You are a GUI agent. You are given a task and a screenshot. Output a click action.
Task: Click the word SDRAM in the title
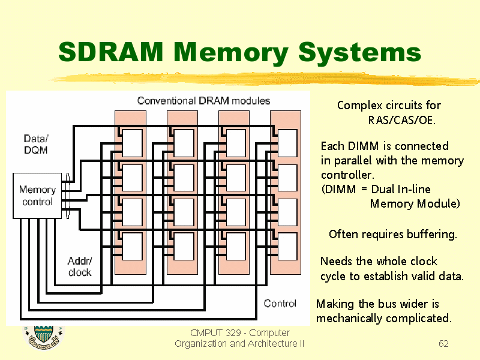[110, 52]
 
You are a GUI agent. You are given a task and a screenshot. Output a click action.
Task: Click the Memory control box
[37, 196]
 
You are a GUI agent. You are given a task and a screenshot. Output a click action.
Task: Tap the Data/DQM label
[36, 144]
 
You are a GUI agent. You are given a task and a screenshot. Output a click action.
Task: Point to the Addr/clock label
[80, 266]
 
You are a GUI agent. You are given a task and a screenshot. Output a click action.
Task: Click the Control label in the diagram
[280, 303]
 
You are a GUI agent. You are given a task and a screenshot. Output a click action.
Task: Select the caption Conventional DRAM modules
[203, 101]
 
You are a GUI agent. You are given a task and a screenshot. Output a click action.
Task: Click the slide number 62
[443, 343]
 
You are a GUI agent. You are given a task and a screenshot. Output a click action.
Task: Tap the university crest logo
[43, 337]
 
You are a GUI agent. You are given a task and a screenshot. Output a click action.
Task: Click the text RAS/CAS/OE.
[401, 120]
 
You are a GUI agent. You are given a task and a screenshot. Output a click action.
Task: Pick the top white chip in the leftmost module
[132, 143]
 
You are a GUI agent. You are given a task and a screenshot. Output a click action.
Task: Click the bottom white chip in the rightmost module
[287, 247]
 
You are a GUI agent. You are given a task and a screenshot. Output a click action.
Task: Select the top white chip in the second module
[184, 143]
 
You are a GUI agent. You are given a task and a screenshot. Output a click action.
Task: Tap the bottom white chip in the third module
[235, 247]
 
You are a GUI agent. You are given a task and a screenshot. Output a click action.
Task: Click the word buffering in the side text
[432, 235]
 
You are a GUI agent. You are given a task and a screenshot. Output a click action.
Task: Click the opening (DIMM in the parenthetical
[338, 189]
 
